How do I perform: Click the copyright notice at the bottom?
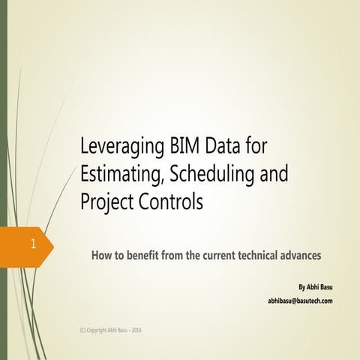110,331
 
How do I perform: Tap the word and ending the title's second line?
268,175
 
